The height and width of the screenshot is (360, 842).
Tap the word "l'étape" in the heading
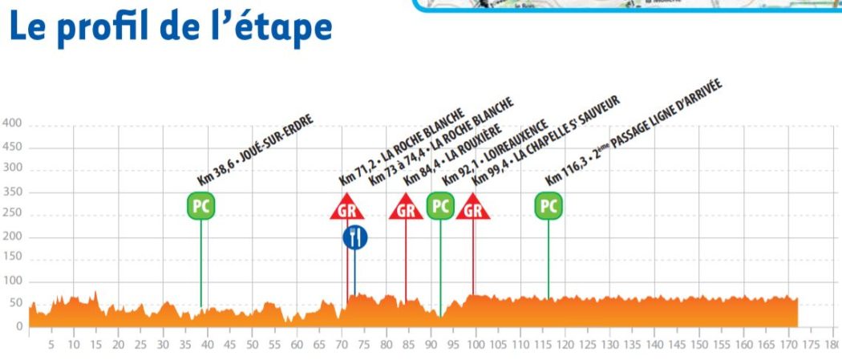point(277,27)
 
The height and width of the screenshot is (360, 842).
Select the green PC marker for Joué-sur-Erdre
point(200,206)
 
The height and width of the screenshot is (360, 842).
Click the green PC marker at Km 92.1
point(439,206)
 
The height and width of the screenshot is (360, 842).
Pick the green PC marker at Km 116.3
point(549,206)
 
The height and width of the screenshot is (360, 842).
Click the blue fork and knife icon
point(355,237)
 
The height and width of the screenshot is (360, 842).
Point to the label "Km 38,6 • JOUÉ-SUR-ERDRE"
point(255,151)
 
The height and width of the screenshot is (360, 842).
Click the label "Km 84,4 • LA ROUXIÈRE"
point(455,153)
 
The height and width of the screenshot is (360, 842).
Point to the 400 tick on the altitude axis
point(12,124)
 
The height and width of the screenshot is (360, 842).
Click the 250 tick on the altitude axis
point(12,214)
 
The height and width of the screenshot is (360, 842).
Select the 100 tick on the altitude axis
point(12,281)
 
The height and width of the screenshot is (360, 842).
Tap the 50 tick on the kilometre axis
point(253,346)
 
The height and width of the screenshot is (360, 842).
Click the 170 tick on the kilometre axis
point(789,346)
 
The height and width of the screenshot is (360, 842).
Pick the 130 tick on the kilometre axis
point(610,346)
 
